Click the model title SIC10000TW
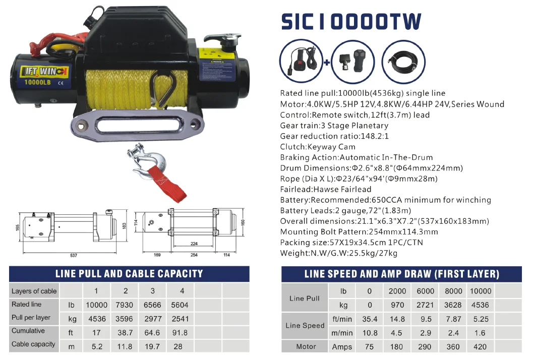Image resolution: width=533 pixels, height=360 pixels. point(350,22)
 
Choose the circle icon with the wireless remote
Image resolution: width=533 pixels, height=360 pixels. point(352,62)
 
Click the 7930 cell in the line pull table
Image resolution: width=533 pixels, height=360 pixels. point(125,305)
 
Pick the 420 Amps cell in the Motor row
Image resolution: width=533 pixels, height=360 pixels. point(480,346)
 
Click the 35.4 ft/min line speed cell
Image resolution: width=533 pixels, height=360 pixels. point(370,319)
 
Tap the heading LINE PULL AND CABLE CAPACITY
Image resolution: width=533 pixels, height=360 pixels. point(129,274)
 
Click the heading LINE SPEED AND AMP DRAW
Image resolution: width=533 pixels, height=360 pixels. point(401,274)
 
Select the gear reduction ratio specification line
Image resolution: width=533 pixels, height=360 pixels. point(334,136)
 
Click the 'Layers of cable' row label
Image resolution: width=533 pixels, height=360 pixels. point(34,291)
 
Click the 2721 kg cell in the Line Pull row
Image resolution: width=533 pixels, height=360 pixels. point(425,305)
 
